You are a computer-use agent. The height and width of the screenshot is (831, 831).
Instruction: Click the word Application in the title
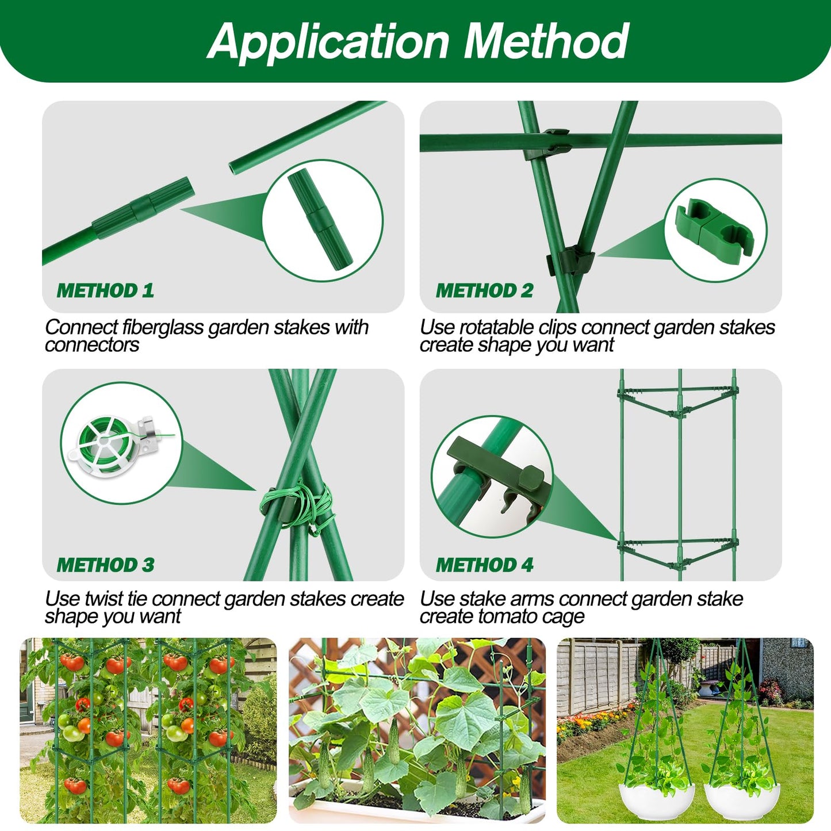328,41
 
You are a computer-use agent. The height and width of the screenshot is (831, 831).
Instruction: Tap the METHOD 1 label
105,290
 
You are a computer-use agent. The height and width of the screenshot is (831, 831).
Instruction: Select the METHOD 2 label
484,290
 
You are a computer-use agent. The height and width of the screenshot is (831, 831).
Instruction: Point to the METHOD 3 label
105,565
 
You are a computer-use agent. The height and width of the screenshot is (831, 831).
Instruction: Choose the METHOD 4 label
484,565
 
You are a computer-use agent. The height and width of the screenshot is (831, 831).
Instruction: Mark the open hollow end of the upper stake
233,169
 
